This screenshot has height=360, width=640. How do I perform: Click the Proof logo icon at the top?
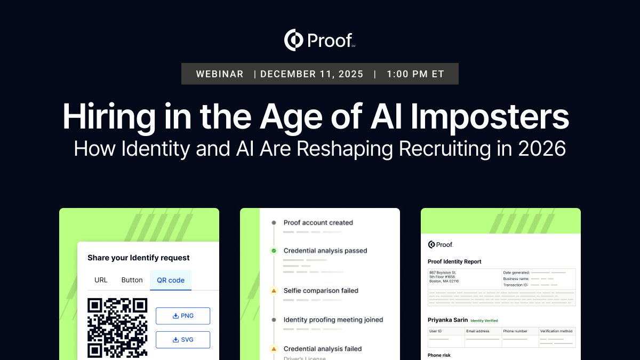(294, 40)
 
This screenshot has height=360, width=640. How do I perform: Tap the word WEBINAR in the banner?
(220, 74)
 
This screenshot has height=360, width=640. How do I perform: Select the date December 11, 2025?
(312, 74)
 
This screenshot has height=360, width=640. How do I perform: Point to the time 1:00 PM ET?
(415, 74)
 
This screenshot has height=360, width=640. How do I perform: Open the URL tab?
(101, 280)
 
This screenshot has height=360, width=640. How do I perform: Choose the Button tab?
(132, 280)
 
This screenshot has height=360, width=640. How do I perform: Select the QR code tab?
(170, 280)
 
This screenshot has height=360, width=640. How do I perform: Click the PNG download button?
(183, 316)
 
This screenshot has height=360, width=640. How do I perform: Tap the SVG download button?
(183, 340)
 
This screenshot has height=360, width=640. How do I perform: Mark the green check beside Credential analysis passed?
(274, 251)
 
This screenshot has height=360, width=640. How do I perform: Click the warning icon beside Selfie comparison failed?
(274, 291)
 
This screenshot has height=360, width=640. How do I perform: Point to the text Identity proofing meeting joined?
(333, 320)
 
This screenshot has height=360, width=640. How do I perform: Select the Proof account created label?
(318, 223)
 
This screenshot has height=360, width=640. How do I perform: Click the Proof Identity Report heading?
(454, 262)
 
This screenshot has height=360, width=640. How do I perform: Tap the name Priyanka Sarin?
(447, 320)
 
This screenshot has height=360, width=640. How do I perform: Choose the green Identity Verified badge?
(484, 321)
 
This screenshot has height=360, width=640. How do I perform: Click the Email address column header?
(478, 331)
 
